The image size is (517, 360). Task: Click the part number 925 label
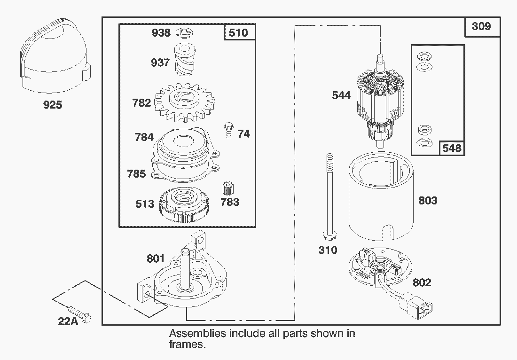coord(52,105)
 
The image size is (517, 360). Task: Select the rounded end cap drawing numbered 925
coord(53,59)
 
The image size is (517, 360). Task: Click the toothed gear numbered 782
coord(183,102)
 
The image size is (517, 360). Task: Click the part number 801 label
coord(156,258)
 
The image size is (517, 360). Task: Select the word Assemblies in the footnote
coord(197,334)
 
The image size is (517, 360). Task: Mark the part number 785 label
coord(136,173)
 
